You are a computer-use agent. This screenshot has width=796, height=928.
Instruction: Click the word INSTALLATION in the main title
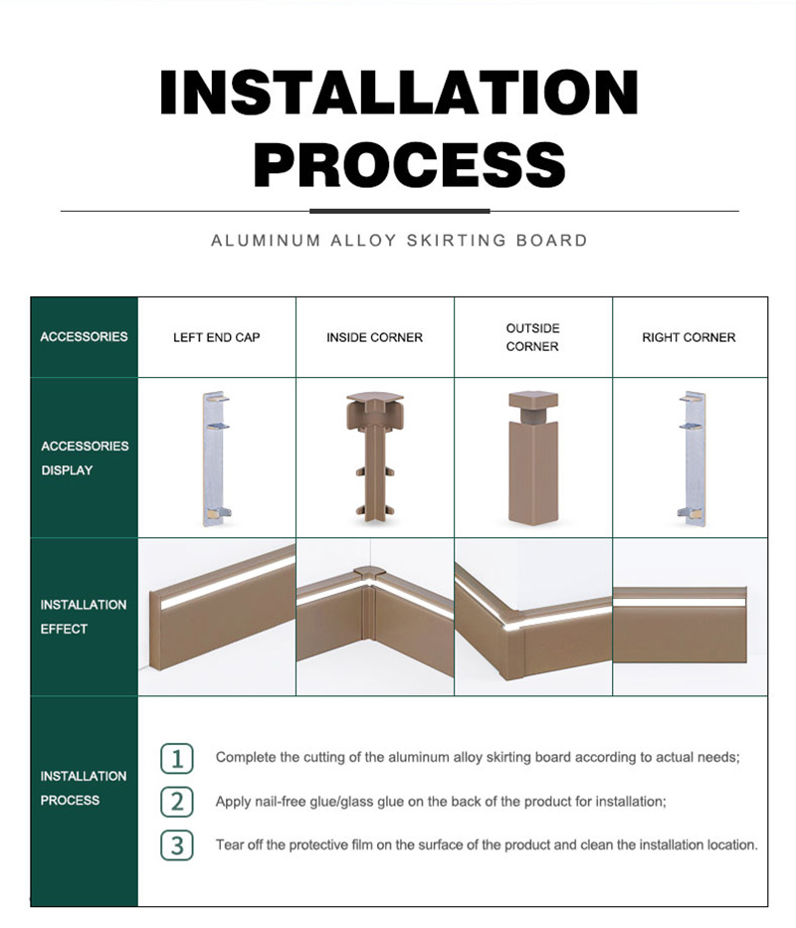[x=399, y=93]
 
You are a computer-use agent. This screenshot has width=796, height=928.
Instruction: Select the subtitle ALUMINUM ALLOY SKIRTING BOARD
[x=399, y=241]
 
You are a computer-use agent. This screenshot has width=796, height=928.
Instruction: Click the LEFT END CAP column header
[x=216, y=337]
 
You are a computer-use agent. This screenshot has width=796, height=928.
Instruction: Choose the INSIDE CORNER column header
[x=374, y=337]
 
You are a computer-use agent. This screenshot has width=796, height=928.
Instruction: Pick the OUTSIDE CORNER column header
[x=532, y=337]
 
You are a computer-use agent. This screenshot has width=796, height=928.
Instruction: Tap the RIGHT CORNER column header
[x=689, y=337]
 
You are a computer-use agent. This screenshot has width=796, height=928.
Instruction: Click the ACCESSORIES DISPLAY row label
[x=85, y=459]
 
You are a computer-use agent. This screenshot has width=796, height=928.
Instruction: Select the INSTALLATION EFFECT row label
[x=84, y=617]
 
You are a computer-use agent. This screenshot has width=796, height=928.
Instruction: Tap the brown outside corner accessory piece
[x=533, y=459]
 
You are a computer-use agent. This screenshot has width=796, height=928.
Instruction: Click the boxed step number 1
[x=177, y=759]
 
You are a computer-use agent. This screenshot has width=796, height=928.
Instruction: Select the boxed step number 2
[x=177, y=802]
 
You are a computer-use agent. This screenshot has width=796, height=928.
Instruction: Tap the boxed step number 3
[x=177, y=845]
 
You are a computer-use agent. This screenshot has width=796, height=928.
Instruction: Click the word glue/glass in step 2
[x=344, y=802]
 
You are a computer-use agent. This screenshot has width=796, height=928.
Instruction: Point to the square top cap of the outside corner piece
[x=533, y=400]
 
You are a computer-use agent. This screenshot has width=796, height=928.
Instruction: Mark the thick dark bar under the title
[x=400, y=211]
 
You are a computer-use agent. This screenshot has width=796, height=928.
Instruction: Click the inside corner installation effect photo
[x=375, y=617]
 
